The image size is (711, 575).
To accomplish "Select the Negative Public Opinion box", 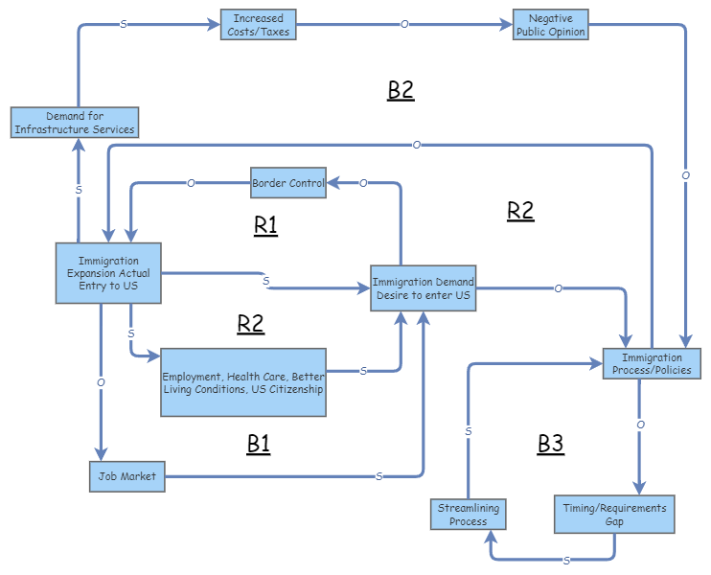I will point(550,25).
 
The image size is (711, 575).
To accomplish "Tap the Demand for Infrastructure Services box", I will point(76,123).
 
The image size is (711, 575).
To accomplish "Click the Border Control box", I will point(287,182).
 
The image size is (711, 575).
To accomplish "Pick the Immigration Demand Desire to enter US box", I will point(423,288).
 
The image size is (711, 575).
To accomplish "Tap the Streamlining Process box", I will point(468,515).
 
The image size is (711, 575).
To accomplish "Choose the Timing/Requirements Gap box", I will point(614,515).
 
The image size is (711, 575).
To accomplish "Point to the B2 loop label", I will point(401,90).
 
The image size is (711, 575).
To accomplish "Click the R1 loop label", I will point(265,225).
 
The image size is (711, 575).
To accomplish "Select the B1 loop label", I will point(259,444).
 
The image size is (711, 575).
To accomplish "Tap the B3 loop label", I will point(550,444).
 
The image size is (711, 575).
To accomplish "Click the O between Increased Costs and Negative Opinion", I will point(404,24).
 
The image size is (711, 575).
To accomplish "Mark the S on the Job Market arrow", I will point(379,476).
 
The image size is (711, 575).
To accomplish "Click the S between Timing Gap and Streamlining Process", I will point(566,560).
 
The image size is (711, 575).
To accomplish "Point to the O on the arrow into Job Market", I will point(101,382).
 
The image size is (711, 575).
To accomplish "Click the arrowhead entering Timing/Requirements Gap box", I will point(639,487).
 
